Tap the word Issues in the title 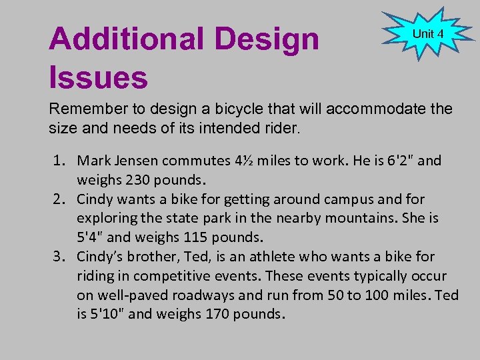pos(98,77)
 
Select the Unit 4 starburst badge pos(427,34)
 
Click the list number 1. pos(59,161)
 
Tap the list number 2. pos(59,199)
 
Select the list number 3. pos(59,257)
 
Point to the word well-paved pos(131,295)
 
